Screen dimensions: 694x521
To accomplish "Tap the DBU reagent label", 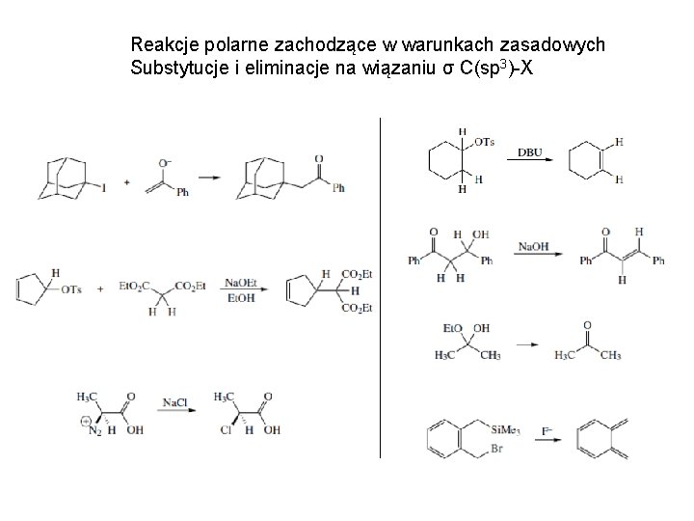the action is coord(529,151).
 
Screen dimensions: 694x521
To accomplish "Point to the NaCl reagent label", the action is coord(174,401).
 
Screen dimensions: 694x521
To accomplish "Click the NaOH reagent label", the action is coord(532,247).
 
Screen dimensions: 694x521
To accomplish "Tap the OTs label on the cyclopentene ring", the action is coord(71,290).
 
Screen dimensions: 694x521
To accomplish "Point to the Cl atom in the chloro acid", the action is coord(224,431).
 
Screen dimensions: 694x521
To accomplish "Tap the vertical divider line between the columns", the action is coord(382,289).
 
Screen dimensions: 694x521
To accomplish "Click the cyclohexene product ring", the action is coord(587,160).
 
